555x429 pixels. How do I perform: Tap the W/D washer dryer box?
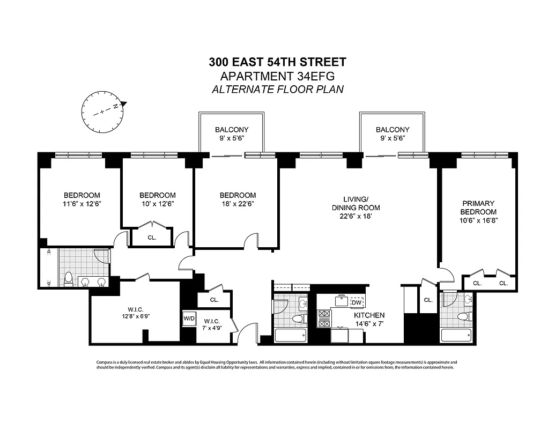[x=189, y=318]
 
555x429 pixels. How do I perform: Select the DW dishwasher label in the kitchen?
[x=356, y=302]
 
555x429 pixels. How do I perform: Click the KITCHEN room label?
[x=369, y=315]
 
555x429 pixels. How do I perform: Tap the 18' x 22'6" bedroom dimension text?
[x=238, y=204]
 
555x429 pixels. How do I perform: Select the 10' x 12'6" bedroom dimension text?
[x=157, y=204]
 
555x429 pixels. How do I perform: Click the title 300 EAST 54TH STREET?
[x=277, y=62]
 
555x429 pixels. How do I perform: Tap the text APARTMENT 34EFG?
[x=277, y=76]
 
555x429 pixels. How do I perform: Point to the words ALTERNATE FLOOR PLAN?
[x=277, y=90]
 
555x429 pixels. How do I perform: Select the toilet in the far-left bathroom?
[x=68, y=279]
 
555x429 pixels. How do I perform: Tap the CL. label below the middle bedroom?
[x=152, y=238]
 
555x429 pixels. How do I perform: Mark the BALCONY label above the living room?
[x=392, y=130]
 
